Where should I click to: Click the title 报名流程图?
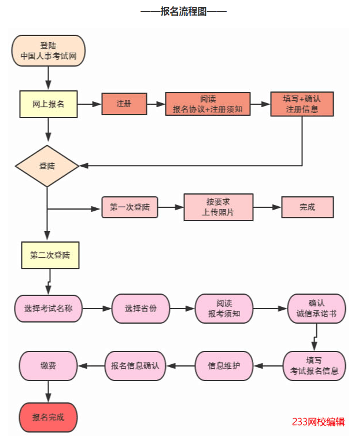(x=183, y=12)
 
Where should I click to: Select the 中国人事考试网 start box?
(x=49, y=51)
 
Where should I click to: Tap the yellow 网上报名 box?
(x=49, y=104)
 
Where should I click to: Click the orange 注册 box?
(x=124, y=104)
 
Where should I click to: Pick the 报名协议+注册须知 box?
(x=208, y=104)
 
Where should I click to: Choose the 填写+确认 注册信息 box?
(x=302, y=104)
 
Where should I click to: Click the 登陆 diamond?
(x=47, y=166)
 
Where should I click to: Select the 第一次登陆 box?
(x=130, y=207)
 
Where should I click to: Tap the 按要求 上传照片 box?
(x=219, y=207)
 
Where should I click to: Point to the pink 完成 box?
(x=307, y=207)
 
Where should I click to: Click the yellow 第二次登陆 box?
(x=50, y=255)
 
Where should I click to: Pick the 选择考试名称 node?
(x=49, y=309)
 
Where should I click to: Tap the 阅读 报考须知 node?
(x=224, y=309)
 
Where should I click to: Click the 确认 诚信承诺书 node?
(x=316, y=309)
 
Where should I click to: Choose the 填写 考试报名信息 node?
(x=314, y=365)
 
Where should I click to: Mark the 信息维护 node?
(x=224, y=365)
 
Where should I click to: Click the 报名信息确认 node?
(x=135, y=365)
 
